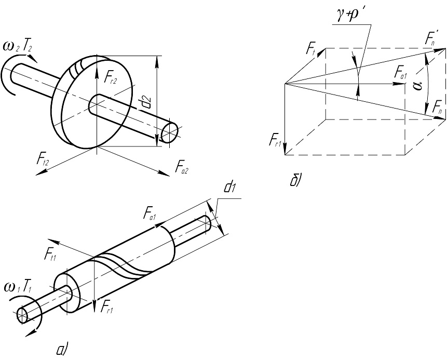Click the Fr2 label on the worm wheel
pyautogui.click(x=111, y=77)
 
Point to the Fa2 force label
pyautogui.click(x=182, y=167)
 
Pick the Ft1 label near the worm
pyautogui.click(x=50, y=254)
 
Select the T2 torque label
pyautogui.click(x=28, y=46)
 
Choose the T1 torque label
pyautogui.click(x=28, y=288)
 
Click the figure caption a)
pyautogui.click(x=62, y=350)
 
